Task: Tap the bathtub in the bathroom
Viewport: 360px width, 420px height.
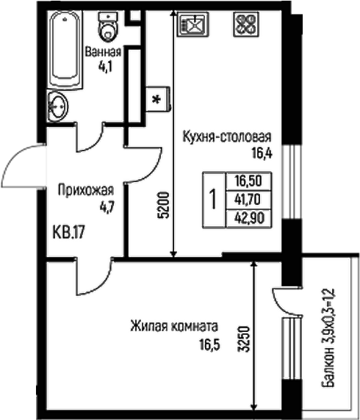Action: point(65,48)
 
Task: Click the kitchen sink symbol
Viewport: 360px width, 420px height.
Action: point(192,25)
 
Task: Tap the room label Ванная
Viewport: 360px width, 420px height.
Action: point(103,51)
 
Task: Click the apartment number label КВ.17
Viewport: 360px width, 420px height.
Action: point(71,234)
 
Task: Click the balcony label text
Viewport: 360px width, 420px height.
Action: point(333,338)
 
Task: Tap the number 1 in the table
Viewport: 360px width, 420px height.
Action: point(213,198)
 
